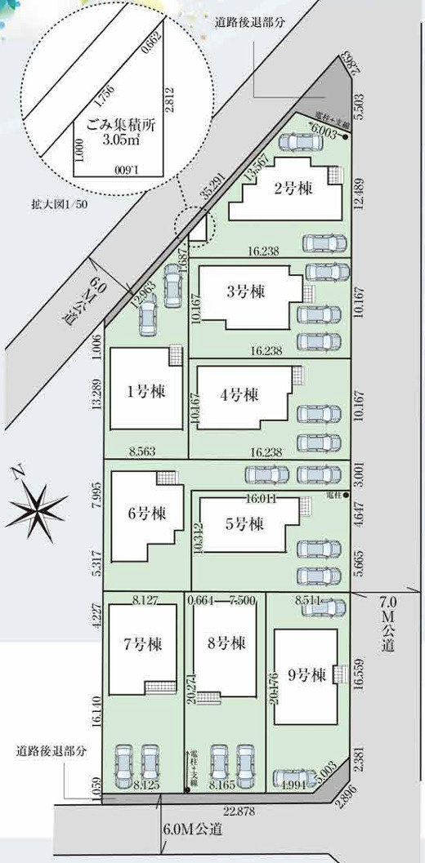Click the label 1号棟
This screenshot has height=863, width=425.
146,391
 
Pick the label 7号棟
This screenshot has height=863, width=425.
142,643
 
